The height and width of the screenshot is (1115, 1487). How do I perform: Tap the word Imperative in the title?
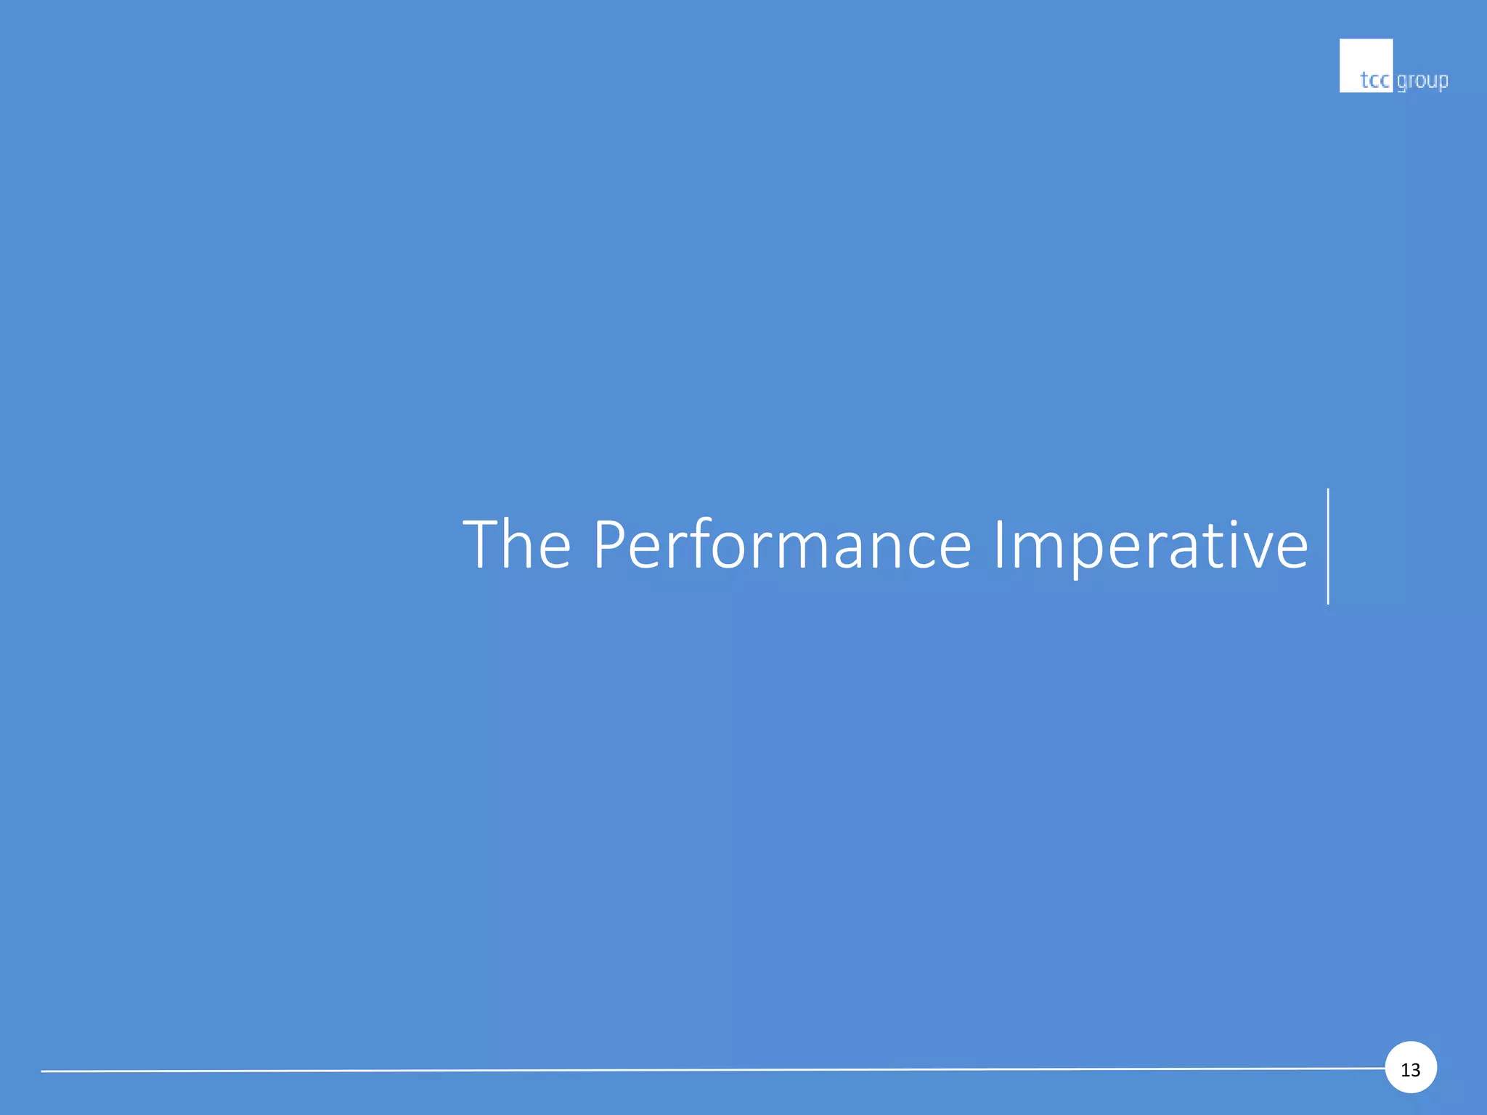pos(1150,546)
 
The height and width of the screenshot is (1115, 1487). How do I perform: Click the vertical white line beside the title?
pos(1328,546)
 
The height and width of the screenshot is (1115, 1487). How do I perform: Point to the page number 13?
pos(1410,1069)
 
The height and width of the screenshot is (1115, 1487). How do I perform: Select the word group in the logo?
pos(1422,81)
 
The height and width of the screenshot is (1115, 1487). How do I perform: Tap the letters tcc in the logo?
pos(1374,80)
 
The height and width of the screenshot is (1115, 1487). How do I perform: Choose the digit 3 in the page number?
pos(1415,1069)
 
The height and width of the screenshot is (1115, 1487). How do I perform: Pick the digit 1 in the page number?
pos(1405,1069)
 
